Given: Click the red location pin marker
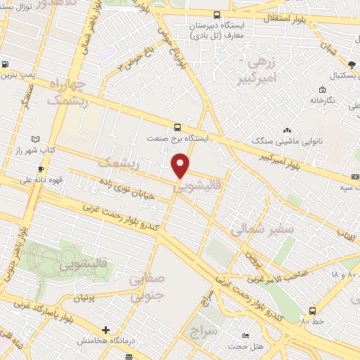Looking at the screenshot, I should tap(181, 166).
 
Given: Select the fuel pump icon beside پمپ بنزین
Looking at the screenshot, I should tap(6, 63).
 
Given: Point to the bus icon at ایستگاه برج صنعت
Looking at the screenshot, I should tap(176, 127).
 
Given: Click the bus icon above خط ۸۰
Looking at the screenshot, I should tap(311, 311).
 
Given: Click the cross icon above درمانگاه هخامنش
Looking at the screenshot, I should tap(105, 330).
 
